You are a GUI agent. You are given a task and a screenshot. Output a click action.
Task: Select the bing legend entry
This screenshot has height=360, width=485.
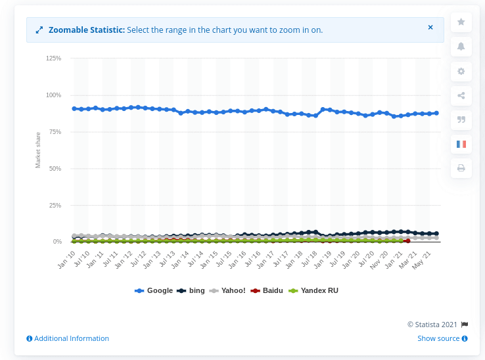192,290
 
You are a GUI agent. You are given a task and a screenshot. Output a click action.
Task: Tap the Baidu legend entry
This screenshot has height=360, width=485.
268,290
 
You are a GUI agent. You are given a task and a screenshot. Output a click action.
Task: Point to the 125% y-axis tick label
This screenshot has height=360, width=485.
53,58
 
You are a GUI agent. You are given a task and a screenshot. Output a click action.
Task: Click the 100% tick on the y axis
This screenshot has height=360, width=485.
53,95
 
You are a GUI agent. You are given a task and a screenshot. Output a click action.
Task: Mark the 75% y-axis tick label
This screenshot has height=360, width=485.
55,132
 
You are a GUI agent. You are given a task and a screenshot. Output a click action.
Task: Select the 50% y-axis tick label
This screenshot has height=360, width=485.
55,169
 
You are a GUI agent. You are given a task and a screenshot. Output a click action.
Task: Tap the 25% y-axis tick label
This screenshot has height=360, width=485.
55,206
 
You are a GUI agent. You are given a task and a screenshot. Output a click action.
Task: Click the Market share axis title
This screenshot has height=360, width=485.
38,150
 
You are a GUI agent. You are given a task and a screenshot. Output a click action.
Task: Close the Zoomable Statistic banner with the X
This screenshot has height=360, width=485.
430,28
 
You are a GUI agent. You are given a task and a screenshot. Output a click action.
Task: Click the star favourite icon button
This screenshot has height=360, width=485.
461,22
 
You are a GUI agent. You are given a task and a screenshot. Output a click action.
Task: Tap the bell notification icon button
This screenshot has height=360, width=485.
461,47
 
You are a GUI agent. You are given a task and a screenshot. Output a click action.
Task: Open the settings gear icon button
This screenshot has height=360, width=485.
461,71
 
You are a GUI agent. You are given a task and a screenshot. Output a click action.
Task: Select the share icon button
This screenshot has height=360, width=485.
461,95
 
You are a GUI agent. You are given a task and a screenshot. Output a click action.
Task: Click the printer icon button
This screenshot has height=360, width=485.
461,168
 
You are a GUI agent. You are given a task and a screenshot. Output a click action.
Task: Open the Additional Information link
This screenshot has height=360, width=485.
68,338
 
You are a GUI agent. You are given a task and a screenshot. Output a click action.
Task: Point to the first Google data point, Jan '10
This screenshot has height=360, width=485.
74,108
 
